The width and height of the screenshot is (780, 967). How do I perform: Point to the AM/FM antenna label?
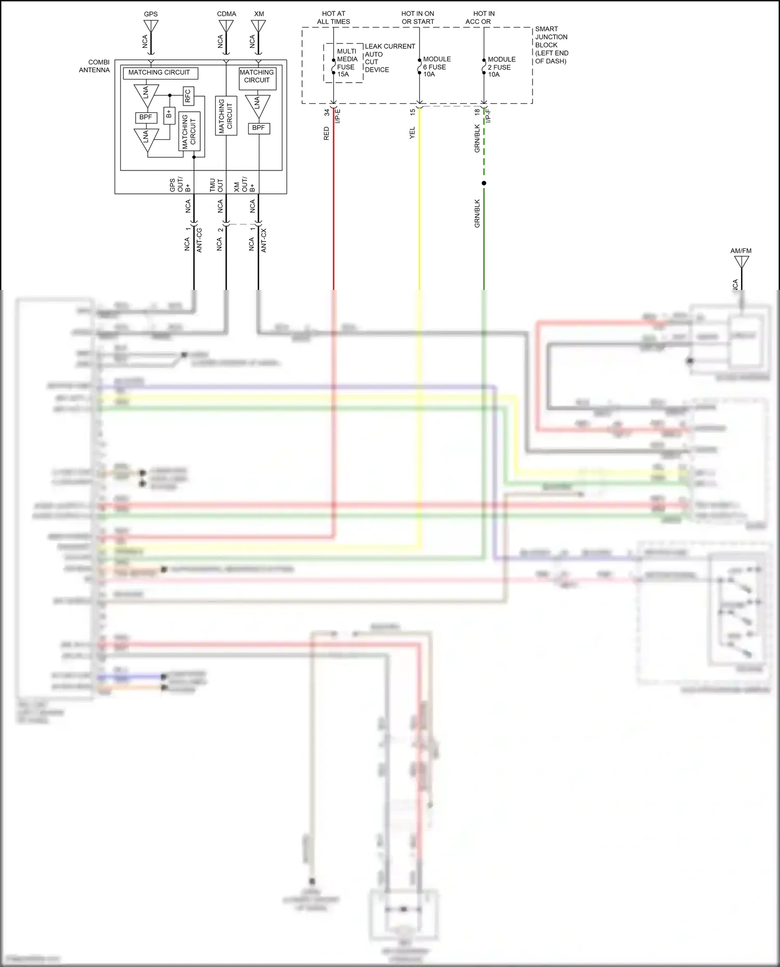click(x=740, y=251)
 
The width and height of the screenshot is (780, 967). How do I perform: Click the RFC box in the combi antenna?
click(x=188, y=96)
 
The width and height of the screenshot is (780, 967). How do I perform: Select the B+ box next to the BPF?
click(x=169, y=115)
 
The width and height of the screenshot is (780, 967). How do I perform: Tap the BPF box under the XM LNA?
click(x=258, y=128)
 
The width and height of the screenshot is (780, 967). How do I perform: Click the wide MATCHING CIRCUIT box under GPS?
click(x=159, y=73)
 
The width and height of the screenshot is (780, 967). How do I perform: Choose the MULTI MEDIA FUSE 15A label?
click(x=346, y=63)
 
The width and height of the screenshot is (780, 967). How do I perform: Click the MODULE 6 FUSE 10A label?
click(x=436, y=67)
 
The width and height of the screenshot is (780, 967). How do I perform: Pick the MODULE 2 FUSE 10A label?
click(x=501, y=67)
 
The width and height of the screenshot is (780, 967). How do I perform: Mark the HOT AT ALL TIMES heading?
click(x=333, y=18)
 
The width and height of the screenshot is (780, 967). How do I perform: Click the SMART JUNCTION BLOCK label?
click(x=551, y=45)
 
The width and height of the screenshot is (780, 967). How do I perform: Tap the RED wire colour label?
click(x=327, y=134)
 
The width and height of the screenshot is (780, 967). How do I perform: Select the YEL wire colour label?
click(x=412, y=133)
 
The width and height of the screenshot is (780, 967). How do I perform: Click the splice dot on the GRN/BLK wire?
click(x=484, y=183)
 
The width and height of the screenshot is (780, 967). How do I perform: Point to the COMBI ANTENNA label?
click(x=95, y=66)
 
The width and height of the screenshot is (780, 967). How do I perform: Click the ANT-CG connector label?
click(x=199, y=240)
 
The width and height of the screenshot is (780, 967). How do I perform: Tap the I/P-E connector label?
click(x=338, y=115)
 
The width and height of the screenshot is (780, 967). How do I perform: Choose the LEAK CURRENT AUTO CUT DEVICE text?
click(x=389, y=58)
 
